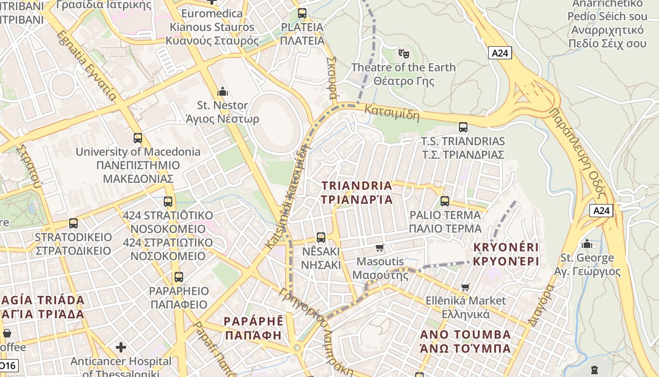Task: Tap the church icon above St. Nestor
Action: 222,91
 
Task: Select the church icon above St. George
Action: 587,244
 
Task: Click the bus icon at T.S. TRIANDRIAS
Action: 463,127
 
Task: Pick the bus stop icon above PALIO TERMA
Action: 445,202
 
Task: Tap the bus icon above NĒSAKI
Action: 321,237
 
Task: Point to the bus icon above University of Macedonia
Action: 138,138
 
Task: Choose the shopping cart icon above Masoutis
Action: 380,247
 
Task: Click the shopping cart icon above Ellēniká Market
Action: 466,287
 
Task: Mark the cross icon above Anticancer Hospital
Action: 121,348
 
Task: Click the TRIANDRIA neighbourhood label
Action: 357,192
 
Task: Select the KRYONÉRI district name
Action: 506,254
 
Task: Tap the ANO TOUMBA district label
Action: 465,342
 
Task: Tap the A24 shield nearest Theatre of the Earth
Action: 499,53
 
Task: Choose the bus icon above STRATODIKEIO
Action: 73,223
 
